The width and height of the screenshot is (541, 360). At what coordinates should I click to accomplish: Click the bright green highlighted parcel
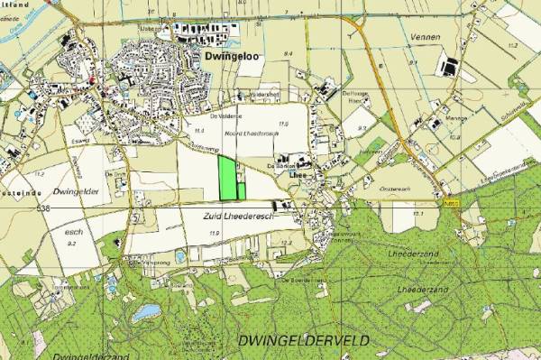click(x=231, y=178)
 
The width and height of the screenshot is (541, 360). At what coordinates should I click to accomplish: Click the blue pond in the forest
click(x=144, y=313)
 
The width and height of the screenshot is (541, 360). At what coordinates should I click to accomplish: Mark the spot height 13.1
click(x=418, y=214)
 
